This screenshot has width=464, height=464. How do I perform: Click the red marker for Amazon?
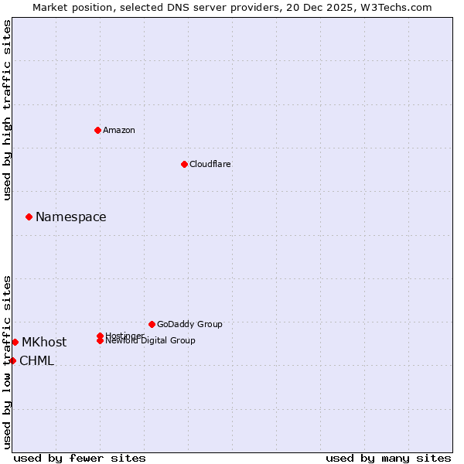[x=97, y=130]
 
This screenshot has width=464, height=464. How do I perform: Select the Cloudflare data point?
[x=184, y=164]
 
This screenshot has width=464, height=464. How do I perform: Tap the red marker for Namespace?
[x=29, y=217]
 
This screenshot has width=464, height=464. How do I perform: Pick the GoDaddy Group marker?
[x=152, y=324]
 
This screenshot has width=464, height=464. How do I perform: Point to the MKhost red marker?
[x=15, y=342]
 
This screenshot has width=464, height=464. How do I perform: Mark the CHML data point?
[x=12, y=360]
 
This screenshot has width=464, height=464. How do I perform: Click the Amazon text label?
[x=119, y=130]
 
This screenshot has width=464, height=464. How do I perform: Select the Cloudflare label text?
[x=210, y=164]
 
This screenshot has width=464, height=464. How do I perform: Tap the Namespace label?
[x=71, y=217]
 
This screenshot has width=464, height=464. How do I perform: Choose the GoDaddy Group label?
[x=189, y=324]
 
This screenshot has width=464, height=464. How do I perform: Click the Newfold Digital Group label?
[x=151, y=341]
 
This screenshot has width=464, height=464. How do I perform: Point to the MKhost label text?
[x=44, y=343]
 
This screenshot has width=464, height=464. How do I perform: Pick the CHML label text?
[x=37, y=361]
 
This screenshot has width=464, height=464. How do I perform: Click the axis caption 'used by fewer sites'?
[x=80, y=459]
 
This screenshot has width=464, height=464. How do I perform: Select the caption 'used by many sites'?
[x=388, y=459]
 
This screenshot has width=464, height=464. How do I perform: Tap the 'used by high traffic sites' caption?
[x=8, y=110]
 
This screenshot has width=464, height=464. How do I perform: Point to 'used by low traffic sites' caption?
[x=8, y=362]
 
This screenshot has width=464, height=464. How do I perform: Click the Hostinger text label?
[x=125, y=336]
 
